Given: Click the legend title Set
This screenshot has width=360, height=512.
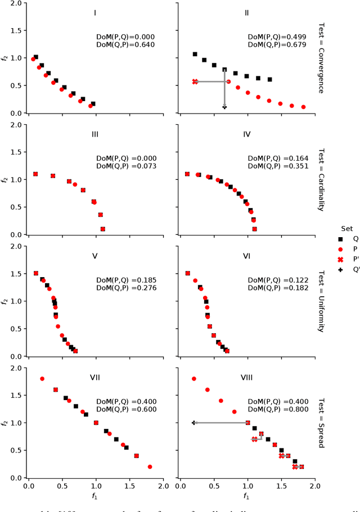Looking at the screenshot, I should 346,228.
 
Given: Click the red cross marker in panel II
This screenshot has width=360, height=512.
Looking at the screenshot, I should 195,81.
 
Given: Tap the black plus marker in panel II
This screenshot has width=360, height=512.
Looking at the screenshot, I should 224,106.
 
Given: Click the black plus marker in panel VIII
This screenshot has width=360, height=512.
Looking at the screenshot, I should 193,423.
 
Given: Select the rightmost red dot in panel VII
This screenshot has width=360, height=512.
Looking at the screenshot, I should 150,466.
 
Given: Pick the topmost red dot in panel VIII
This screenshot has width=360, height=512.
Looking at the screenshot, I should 193,379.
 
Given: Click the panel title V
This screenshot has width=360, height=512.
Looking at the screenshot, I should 95,256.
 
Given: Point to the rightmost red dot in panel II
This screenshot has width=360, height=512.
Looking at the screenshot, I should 303,107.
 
